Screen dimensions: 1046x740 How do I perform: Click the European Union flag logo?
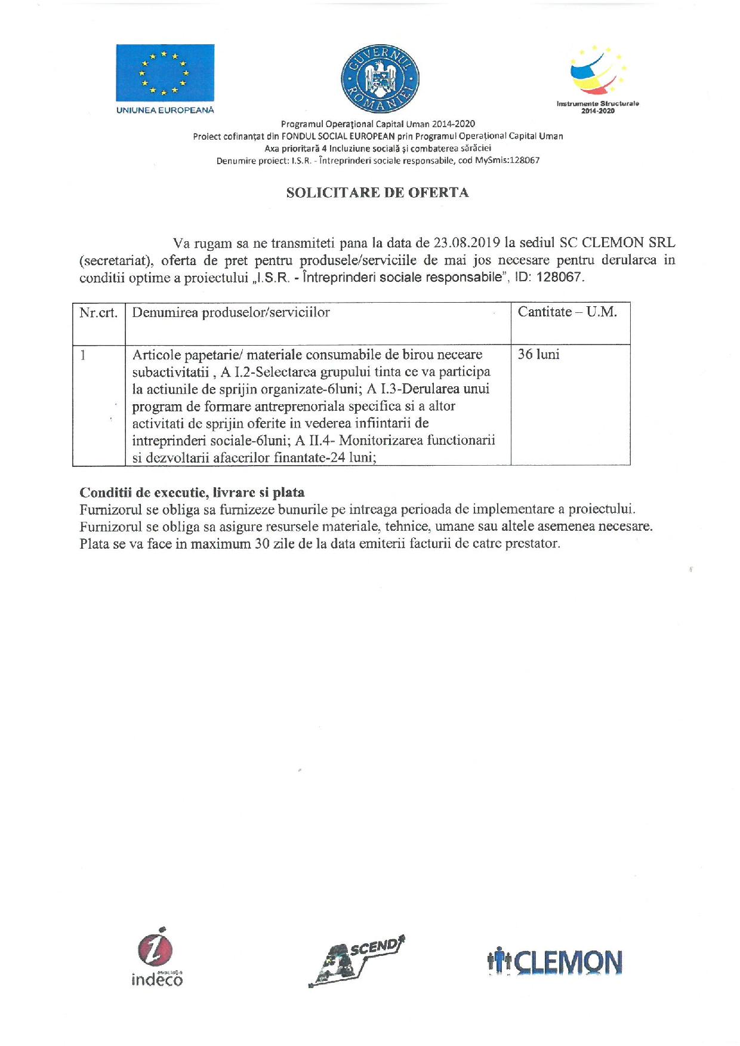point(165,73)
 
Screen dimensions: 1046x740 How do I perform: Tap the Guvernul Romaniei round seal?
point(380,78)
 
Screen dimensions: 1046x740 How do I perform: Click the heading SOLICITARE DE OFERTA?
point(377,193)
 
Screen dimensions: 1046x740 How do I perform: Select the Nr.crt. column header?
point(98,312)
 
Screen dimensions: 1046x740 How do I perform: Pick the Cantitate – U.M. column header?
point(567,312)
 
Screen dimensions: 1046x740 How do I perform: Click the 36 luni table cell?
point(538,355)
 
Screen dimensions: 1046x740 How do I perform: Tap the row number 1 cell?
point(84,355)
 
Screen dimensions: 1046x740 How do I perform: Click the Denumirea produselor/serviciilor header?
point(231,312)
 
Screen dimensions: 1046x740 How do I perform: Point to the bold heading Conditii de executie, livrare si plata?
point(192,493)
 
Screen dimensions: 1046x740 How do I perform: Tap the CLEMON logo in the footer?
point(554,962)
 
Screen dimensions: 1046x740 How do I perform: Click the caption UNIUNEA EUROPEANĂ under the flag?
point(165,110)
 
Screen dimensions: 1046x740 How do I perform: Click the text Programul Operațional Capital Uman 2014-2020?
point(378,124)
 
